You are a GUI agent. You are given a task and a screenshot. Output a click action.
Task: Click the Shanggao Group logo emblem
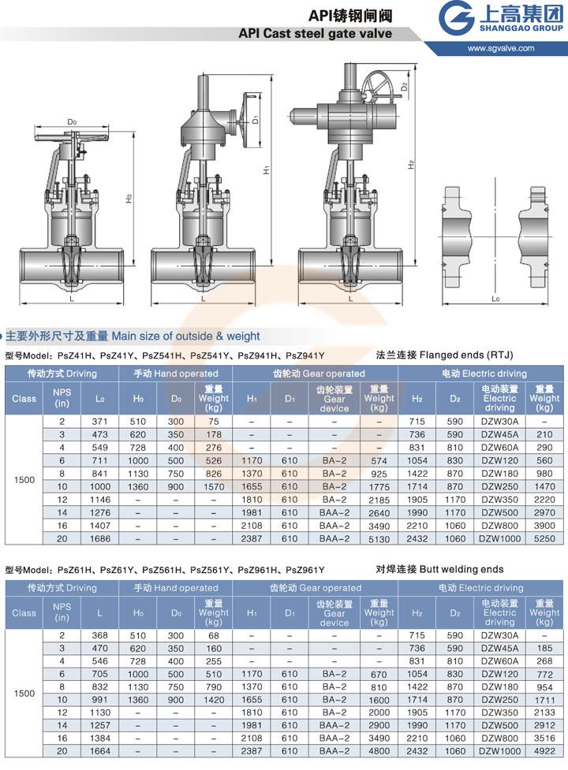[x=456, y=18]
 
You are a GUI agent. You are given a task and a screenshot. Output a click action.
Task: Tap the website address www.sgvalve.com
[x=501, y=48]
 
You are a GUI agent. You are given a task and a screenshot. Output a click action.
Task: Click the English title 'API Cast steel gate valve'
[x=315, y=33]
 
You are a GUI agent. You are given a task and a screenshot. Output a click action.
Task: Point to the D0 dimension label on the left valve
[x=72, y=122]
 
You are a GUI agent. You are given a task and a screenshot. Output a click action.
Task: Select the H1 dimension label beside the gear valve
[x=267, y=169]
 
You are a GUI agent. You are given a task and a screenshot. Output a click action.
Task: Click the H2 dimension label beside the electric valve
[x=411, y=165]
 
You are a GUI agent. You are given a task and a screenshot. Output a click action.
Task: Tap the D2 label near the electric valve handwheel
[x=404, y=87]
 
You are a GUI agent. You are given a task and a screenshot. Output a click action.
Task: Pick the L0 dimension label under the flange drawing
[x=495, y=298]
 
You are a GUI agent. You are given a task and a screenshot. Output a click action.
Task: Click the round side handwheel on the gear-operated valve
[x=248, y=118]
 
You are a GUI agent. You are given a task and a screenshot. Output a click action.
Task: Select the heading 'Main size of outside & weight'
[x=185, y=337]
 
